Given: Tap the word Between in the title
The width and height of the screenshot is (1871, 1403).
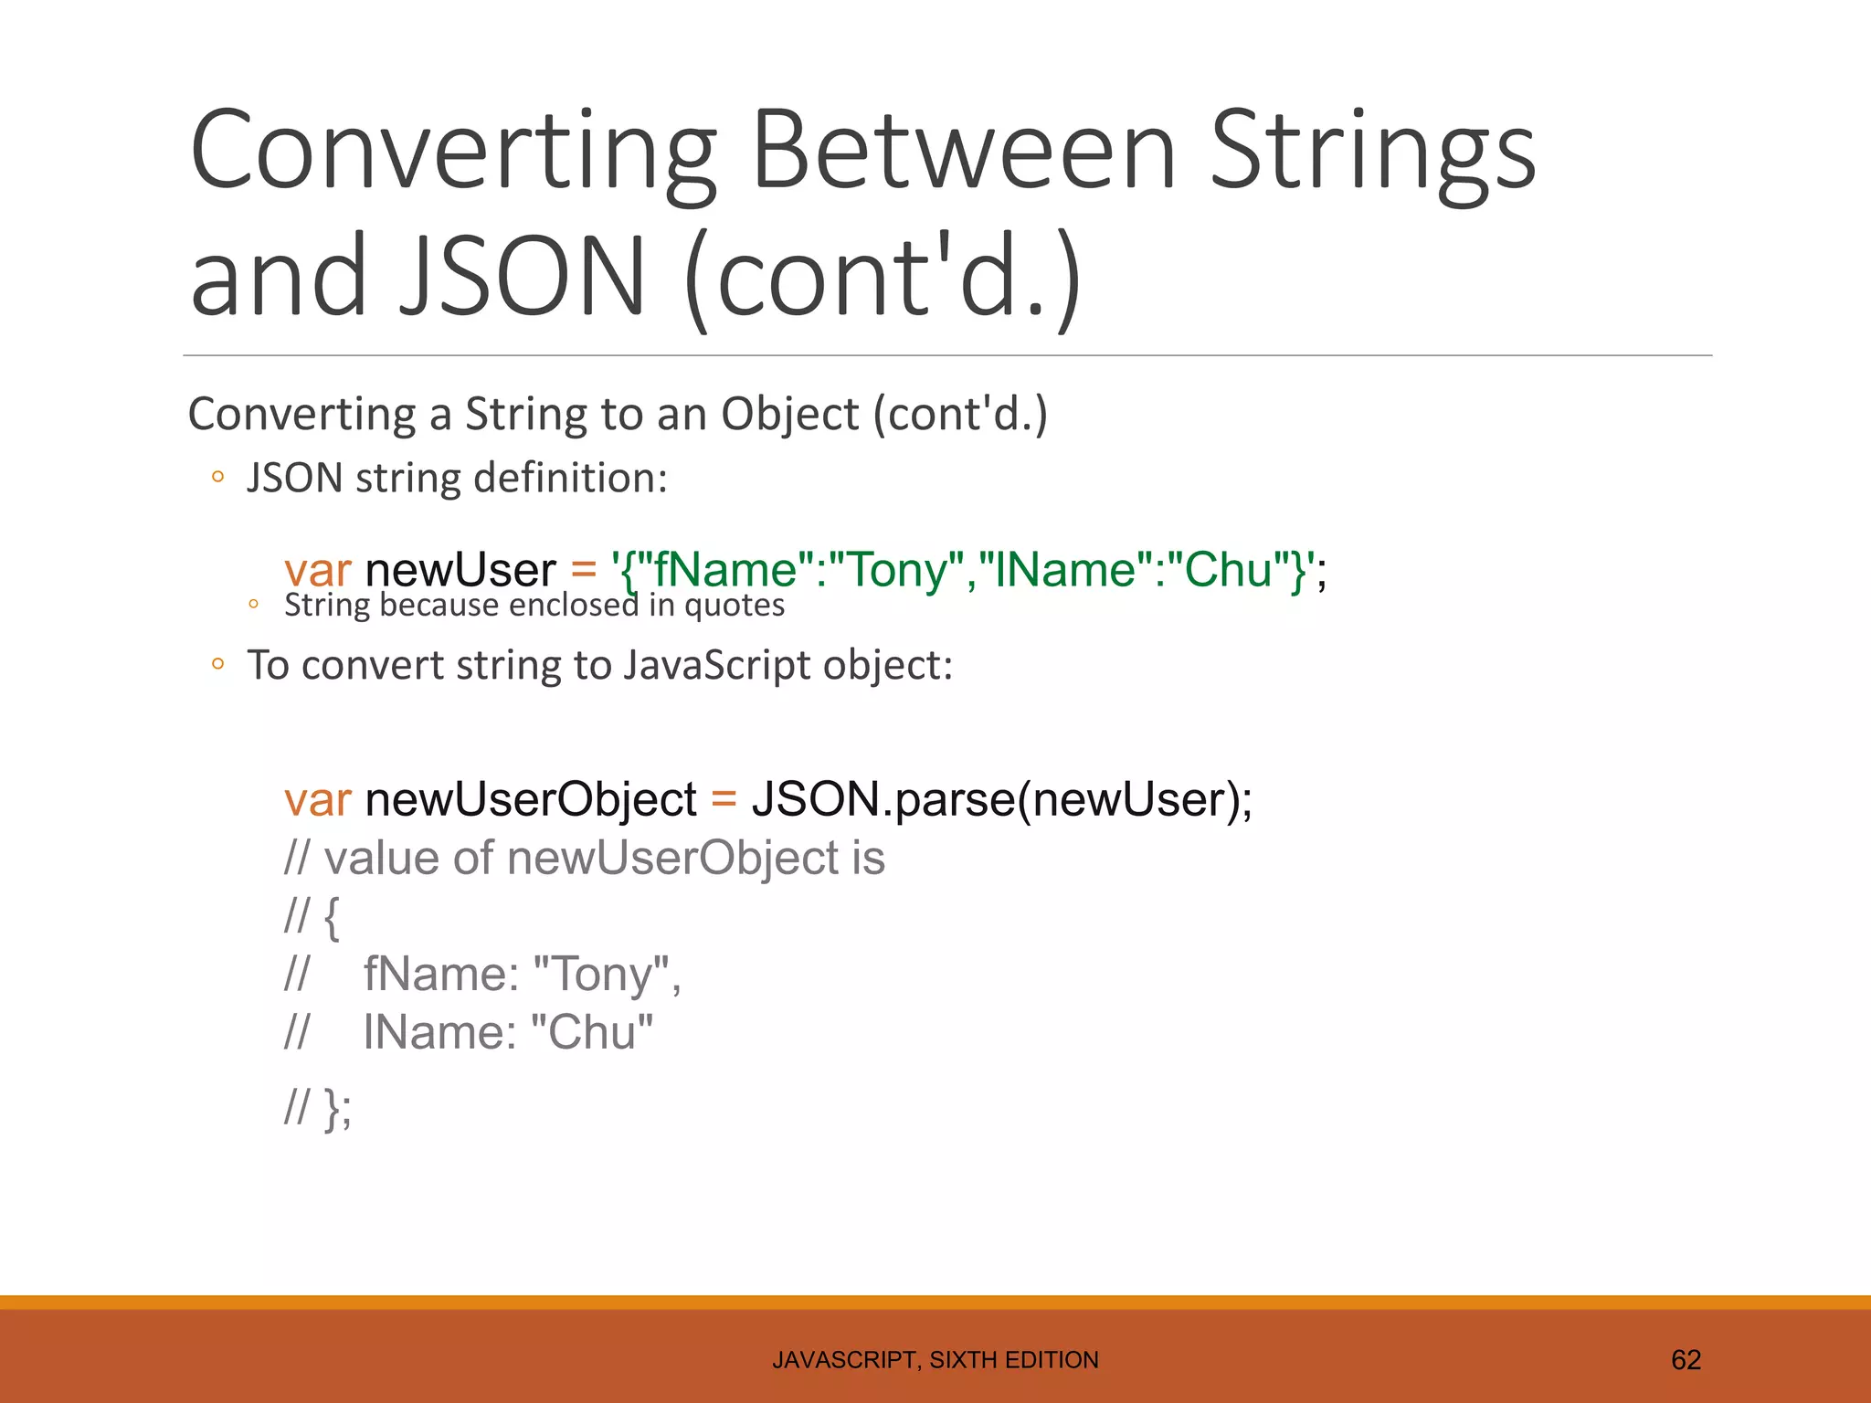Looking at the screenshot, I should [964, 150].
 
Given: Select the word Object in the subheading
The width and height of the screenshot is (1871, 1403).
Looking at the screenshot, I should [790, 414].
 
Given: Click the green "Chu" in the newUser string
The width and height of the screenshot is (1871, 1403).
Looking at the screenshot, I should [1229, 570].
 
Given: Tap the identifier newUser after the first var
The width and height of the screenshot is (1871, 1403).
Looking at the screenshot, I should [460, 570].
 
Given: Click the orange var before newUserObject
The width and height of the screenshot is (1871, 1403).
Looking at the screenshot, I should [317, 799].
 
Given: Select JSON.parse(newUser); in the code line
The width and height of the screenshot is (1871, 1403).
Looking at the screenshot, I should [1001, 799].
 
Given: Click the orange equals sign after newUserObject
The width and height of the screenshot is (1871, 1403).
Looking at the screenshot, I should [724, 799].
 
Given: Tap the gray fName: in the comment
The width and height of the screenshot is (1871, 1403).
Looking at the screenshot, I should [441, 974].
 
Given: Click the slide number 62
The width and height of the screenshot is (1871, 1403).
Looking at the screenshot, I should [1686, 1360].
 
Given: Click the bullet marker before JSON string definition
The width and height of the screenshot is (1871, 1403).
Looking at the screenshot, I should [217, 477].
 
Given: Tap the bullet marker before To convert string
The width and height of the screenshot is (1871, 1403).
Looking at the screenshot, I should [217, 664].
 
